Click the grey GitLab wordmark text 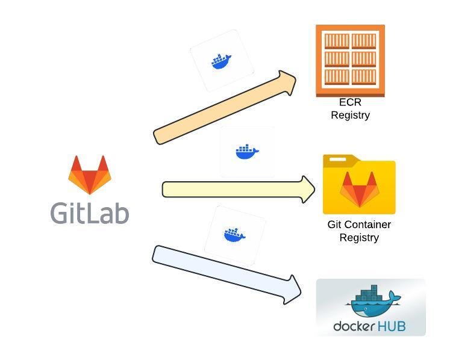[x=90, y=213]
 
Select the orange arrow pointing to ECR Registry [x=225, y=107]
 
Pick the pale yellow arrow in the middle [x=239, y=190]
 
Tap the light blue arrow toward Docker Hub [x=227, y=275]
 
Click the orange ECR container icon [x=350, y=61]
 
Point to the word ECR [x=350, y=102]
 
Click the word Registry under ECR [x=350, y=116]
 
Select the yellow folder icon [x=359, y=184]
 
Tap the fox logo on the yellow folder [x=360, y=189]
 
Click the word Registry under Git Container [x=359, y=238]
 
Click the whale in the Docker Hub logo [x=373, y=301]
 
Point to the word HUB [x=390, y=326]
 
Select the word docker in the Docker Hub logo [x=354, y=326]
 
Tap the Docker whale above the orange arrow [x=221, y=61]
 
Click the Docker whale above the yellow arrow [x=247, y=152]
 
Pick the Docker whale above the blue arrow [x=234, y=235]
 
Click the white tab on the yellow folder [x=337, y=159]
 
